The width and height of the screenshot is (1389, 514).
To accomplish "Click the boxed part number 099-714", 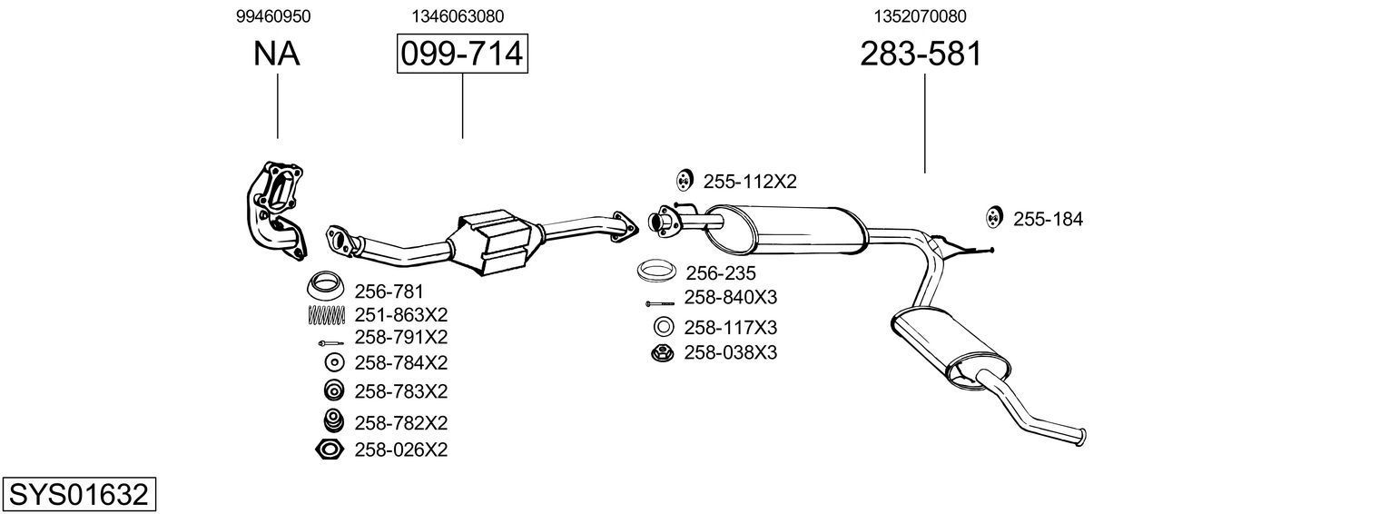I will (462, 54).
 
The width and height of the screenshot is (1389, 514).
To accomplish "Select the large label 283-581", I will (921, 54).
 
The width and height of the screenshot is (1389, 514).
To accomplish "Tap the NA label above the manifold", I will (277, 54).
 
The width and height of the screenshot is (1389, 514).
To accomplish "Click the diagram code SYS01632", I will (78, 495).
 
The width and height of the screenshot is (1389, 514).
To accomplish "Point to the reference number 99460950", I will (273, 15).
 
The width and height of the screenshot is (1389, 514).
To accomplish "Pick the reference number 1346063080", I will (458, 15).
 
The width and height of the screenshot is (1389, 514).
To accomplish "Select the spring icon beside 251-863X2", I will (327, 315).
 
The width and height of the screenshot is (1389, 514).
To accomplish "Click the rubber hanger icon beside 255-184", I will (993, 217).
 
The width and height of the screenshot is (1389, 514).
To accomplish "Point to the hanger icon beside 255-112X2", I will (684, 181).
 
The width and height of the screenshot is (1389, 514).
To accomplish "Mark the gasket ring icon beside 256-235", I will (656, 272).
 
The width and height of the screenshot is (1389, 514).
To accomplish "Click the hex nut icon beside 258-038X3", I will (662, 352).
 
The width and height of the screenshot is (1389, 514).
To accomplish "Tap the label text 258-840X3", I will (730, 298).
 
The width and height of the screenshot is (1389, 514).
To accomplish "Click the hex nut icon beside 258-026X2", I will (329, 449).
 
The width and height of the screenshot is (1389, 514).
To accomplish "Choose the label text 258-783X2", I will (400, 391).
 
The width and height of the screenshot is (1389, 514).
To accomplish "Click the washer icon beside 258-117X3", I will (663, 327).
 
